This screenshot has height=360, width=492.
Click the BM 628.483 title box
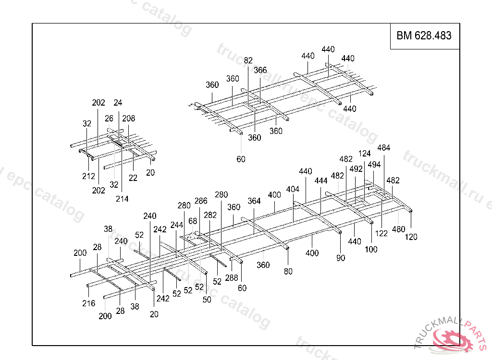click(x=424, y=36)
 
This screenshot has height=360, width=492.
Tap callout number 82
click(x=248, y=60)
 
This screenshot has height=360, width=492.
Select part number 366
click(x=260, y=70)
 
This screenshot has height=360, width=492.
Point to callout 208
click(x=129, y=119)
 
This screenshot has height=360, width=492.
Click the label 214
click(x=122, y=199)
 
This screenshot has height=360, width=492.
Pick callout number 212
click(x=88, y=177)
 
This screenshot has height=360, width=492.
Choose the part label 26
click(x=109, y=119)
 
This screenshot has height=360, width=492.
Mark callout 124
click(x=365, y=154)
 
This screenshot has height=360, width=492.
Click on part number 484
click(x=384, y=148)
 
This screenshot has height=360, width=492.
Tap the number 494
click(x=374, y=165)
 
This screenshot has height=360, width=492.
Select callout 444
click(x=321, y=181)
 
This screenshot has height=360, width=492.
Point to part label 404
click(x=293, y=189)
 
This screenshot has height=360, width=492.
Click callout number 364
click(x=254, y=201)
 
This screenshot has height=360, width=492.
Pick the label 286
click(x=201, y=201)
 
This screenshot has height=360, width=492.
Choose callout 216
click(x=88, y=303)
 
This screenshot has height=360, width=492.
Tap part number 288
click(x=232, y=278)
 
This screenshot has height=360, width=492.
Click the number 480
click(x=398, y=229)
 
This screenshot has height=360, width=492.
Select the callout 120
click(x=411, y=237)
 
